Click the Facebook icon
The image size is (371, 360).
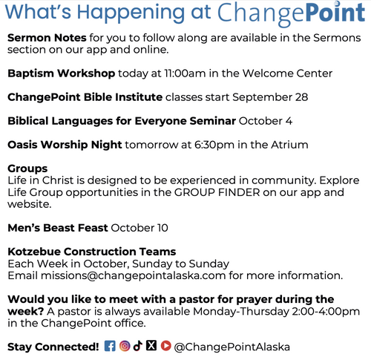pos(110,346)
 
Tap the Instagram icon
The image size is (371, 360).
pos(125,346)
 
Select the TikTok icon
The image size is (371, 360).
pos(138,346)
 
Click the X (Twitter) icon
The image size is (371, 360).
pos(151,345)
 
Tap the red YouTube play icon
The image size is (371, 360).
pos(166,346)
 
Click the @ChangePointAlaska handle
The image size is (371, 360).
pos(232,347)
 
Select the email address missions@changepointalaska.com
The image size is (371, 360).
pos(134,275)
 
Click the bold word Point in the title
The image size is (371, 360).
pos(335,13)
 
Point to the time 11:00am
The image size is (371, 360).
pos(185,73)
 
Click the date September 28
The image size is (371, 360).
pos(270,97)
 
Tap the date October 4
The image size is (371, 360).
pos(266,121)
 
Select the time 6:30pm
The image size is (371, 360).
pos(214,145)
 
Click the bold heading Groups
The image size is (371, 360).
pos(27,168)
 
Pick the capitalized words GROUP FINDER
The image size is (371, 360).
pos(217,192)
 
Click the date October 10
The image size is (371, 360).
pos(139,228)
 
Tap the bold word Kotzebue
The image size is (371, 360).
pos(34,252)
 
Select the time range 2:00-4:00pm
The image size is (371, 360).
pos(326,311)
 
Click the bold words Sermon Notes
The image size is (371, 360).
pos(47,38)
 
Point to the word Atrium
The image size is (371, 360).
pos(289,145)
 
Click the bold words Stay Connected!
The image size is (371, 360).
pos(53,347)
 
